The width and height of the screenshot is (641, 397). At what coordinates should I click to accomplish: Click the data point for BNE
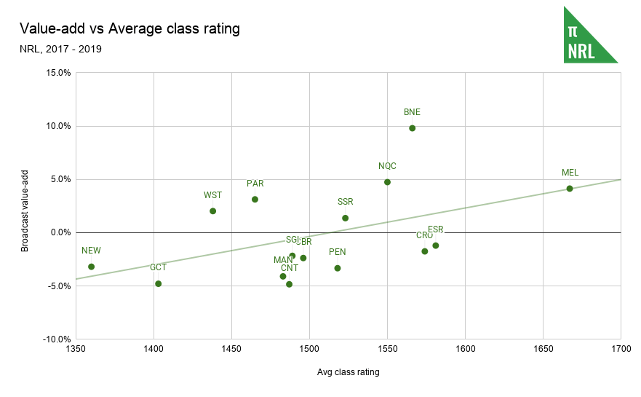click(412, 128)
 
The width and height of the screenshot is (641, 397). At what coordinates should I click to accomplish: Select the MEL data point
click(570, 189)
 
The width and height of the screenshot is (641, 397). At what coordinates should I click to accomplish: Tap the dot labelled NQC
click(387, 182)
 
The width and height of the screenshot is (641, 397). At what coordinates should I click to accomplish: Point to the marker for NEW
click(91, 267)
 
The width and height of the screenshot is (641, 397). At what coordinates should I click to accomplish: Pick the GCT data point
click(158, 284)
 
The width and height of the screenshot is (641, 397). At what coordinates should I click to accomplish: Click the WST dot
click(212, 211)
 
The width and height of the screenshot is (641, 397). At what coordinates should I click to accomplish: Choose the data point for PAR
click(255, 200)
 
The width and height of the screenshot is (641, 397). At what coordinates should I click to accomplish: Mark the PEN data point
click(337, 268)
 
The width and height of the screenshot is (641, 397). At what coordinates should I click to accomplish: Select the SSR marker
click(345, 218)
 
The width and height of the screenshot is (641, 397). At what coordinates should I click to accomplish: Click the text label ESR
click(435, 229)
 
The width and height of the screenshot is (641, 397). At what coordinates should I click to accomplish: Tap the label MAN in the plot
click(283, 260)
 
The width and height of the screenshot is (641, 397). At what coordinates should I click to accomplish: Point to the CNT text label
click(290, 268)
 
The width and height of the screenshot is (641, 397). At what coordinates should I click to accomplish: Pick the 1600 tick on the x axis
click(465, 350)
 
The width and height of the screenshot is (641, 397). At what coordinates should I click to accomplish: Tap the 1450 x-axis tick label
click(231, 350)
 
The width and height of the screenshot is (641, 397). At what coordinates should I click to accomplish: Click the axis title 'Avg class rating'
click(348, 372)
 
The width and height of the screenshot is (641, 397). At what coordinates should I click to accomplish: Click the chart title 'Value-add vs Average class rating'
click(130, 29)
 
